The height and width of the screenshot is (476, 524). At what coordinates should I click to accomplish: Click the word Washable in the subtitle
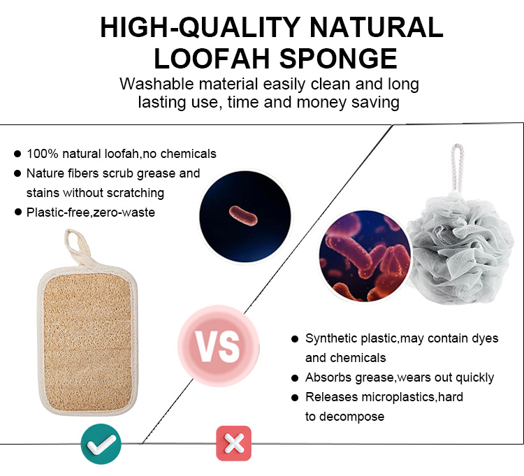click(154, 85)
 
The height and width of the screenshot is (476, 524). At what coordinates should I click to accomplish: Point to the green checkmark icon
click(101, 442)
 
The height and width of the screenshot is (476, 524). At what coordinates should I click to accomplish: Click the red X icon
click(233, 443)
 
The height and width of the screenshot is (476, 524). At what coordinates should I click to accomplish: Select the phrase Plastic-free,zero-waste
click(91, 212)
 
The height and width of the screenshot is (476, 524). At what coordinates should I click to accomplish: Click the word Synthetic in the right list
click(330, 339)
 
